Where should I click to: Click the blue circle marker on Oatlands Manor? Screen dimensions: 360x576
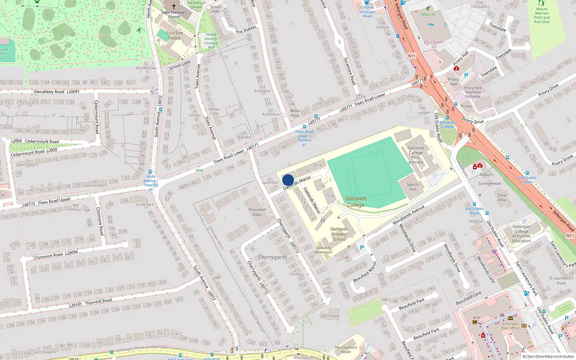(x=288, y=180)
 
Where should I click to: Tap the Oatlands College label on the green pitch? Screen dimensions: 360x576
(x=356, y=202)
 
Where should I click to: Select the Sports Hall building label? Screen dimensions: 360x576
(x=413, y=187)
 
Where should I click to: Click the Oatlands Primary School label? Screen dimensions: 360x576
(x=339, y=234)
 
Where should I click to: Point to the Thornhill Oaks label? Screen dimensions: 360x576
(x=257, y=212)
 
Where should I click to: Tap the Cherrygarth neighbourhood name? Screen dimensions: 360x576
(x=273, y=257)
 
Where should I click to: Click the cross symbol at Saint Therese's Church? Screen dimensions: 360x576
(x=174, y=6)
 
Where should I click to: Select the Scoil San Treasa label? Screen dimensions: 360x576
(x=174, y=35)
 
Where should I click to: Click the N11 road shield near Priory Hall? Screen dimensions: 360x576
(x=412, y=56)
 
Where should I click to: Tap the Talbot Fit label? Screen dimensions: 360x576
(x=428, y=14)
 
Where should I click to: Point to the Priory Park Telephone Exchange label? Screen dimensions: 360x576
(x=473, y=92)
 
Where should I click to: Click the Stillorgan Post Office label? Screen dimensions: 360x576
(x=510, y=326)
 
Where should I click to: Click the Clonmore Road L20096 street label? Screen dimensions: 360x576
(x=56, y=255)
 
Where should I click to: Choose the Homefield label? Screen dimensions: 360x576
(x=330, y=316)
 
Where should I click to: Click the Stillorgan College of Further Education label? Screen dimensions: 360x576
(x=521, y=234)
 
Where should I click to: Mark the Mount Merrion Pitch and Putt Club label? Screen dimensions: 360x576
(x=542, y=15)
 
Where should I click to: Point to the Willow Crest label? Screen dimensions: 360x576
(x=213, y=111)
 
